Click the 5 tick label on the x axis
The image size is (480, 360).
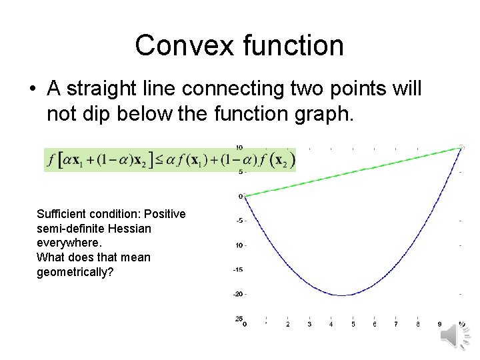(353, 325)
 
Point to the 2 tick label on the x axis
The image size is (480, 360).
(287, 325)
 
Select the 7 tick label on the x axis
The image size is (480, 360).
(396, 325)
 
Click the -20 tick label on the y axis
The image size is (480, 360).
(238, 294)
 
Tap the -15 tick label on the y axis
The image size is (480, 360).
(238, 269)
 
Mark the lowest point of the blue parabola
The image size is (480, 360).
(343, 295)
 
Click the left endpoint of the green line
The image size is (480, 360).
(245, 196)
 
